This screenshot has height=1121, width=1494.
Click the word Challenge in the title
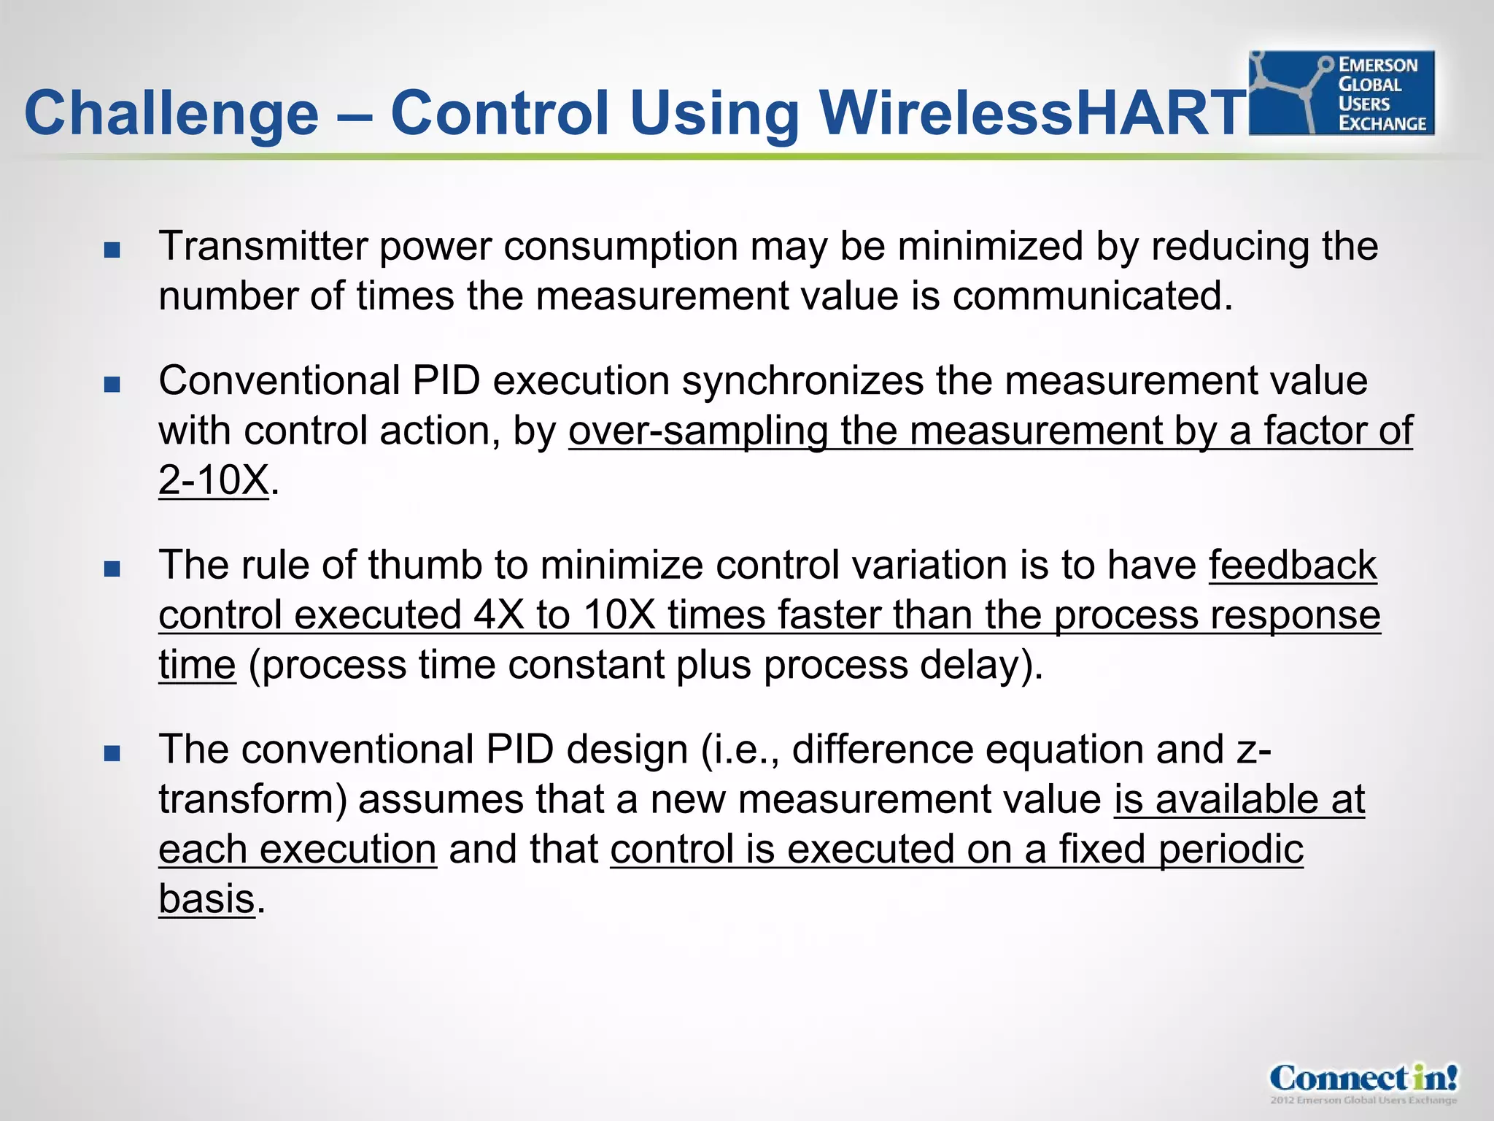[171, 113]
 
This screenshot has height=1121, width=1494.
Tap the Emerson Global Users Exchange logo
[1341, 93]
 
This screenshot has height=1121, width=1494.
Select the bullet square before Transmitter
[112, 250]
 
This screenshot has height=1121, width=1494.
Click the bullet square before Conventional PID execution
[112, 385]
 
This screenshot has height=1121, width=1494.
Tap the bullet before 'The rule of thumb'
[112, 569]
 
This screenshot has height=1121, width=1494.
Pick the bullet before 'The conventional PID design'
[112, 753]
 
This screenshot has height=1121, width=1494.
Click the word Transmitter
[263, 246]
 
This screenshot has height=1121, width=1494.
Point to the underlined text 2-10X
[213, 480]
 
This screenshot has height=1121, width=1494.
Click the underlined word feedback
[1293, 565]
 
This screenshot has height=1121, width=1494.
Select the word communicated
[1091, 296]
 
